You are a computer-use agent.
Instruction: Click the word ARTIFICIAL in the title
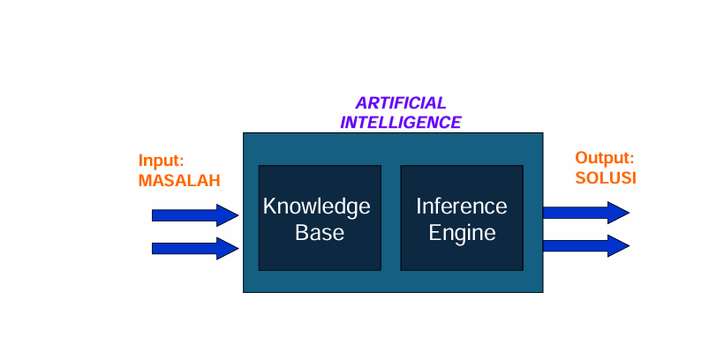tap(400, 103)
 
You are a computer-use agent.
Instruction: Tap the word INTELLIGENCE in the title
tap(400, 123)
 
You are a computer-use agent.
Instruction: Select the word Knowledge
tap(316, 207)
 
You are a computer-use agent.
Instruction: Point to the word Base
tap(319, 234)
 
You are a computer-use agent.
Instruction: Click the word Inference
tap(462, 206)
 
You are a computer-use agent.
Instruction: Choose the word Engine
tap(462, 234)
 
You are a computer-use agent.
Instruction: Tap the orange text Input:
tap(162, 161)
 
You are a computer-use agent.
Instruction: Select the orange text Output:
tap(605, 159)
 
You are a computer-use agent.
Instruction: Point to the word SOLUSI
tap(606, 178)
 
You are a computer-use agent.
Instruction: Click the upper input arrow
tap(194, 214)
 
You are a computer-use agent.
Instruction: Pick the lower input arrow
tap(194, 248)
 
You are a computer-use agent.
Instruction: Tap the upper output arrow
tap(584, 212)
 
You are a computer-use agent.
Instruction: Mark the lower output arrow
tap(584, 244)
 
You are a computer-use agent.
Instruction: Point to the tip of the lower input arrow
tap(237, 248)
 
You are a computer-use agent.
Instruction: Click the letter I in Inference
tap(419, 206)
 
